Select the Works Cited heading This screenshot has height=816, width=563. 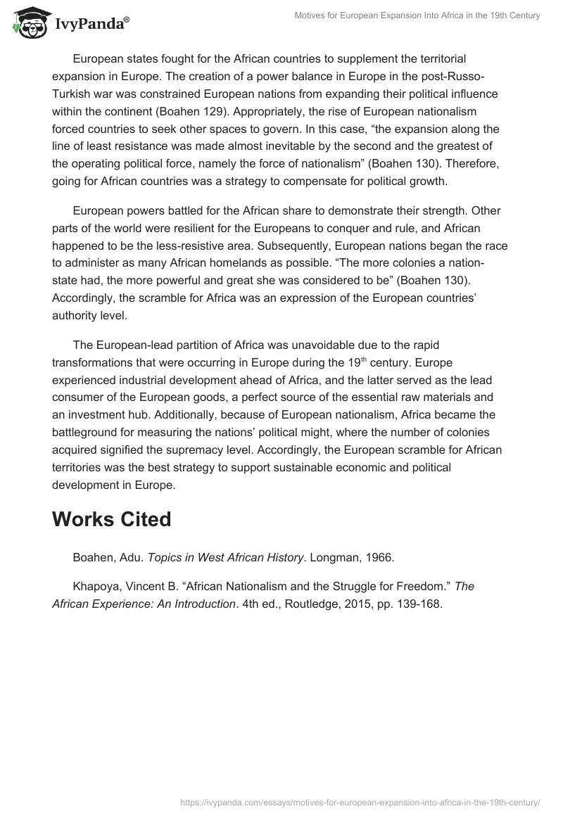[111, 519]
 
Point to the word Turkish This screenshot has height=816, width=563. [72, 94]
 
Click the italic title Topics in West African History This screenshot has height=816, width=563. [224, 556]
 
